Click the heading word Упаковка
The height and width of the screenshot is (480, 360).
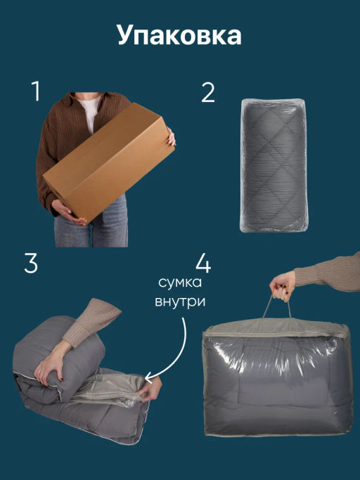pos(179,36)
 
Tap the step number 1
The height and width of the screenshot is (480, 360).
pos(36,91)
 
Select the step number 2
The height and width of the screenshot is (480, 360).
pos(208,93)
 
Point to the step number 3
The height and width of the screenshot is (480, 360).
pos(31,264)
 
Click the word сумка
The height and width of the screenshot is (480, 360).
pos(180,283)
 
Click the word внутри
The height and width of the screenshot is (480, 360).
pos(180,301)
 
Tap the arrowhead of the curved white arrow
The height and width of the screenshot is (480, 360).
pos(148,378)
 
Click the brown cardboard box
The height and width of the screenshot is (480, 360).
pos(109,162)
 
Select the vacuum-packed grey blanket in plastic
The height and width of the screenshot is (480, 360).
pos(274,165)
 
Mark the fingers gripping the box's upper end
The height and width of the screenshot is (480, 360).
pos(171,137)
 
